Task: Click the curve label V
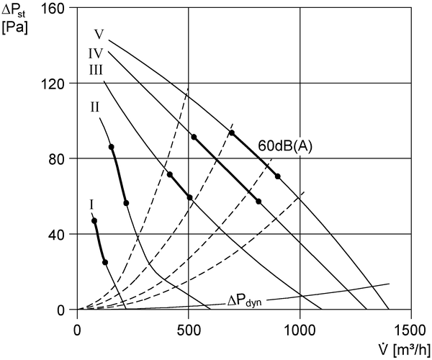click(99, 35)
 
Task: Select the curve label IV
click(96, 53)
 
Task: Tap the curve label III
click(96, 70)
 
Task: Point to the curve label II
click(95, 107)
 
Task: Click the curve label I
click(91, 204)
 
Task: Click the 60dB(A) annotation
click(285, 146)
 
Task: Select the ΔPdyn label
click(245, 301)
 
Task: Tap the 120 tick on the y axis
click(53, 83)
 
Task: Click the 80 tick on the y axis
click(56, 158)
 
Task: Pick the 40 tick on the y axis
click(56, 234)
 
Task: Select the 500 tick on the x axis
click(189, 330)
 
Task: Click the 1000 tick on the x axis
click(300, 330)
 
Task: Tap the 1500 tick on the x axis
click(410, 330)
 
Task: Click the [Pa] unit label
click(14, 28)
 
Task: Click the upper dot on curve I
click(94, 220)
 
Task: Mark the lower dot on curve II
click(126, 203)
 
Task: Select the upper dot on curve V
click(232, 132)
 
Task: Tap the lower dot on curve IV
click(258, 202)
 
